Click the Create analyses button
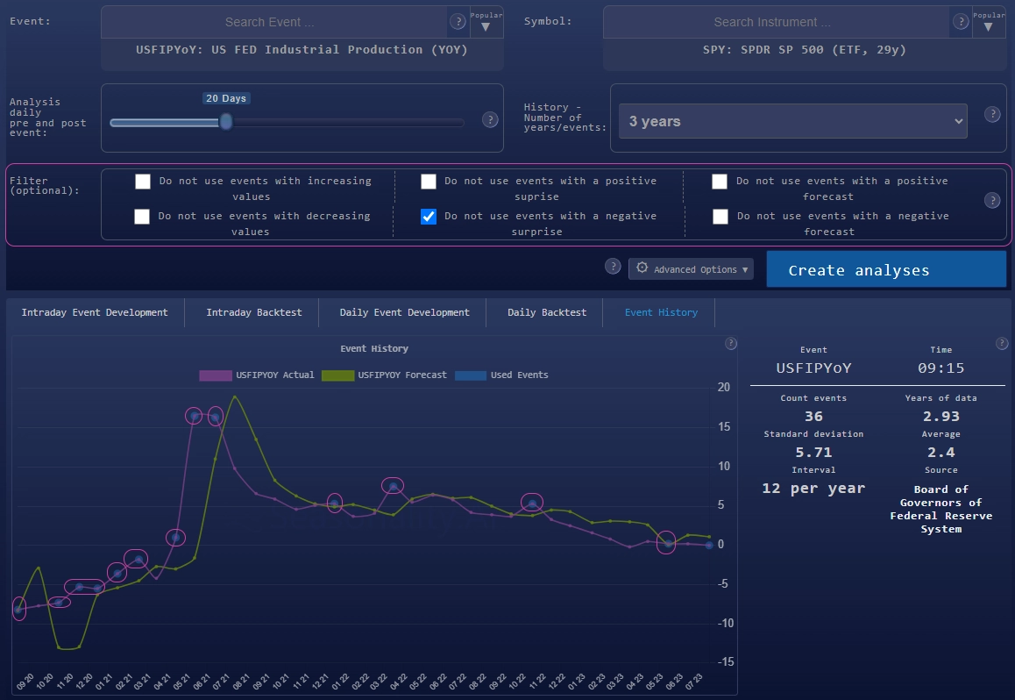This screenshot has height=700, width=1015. [x=886, y=270]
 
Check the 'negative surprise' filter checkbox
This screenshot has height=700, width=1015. [x=429, y=217]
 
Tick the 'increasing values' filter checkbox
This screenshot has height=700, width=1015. [x=143, y=182]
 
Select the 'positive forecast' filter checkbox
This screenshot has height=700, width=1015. [x=720, y=182]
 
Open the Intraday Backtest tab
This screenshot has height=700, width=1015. [x=253, y=312]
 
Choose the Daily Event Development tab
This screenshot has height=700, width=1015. [x=404, y=312]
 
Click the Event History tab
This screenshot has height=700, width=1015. [x=661, y=312]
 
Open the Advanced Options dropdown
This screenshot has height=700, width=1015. [x=692, y=269]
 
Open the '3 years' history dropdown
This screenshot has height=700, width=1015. [x=792, y=121]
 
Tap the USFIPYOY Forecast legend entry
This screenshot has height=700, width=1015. [x=385, y=375]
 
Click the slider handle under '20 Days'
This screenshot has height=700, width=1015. [x=226, y=122]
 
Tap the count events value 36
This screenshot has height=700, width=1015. [x=813, y=416]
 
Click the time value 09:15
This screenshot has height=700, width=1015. [x=940, y=368]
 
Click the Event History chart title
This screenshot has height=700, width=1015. [x=374, y=349]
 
